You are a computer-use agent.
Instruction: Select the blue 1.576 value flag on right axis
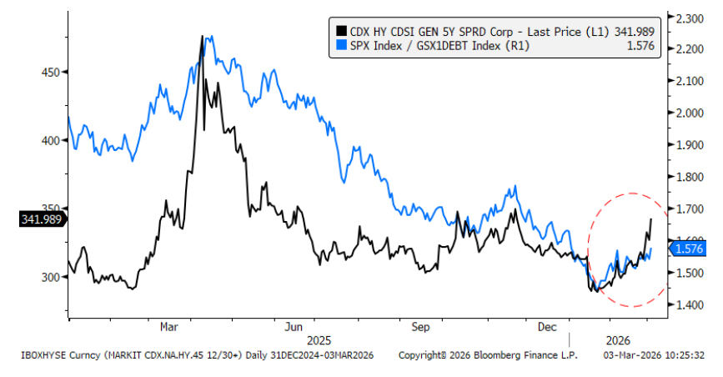[x=689, y=249]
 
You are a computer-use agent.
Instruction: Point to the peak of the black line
[x=202, y=37]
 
